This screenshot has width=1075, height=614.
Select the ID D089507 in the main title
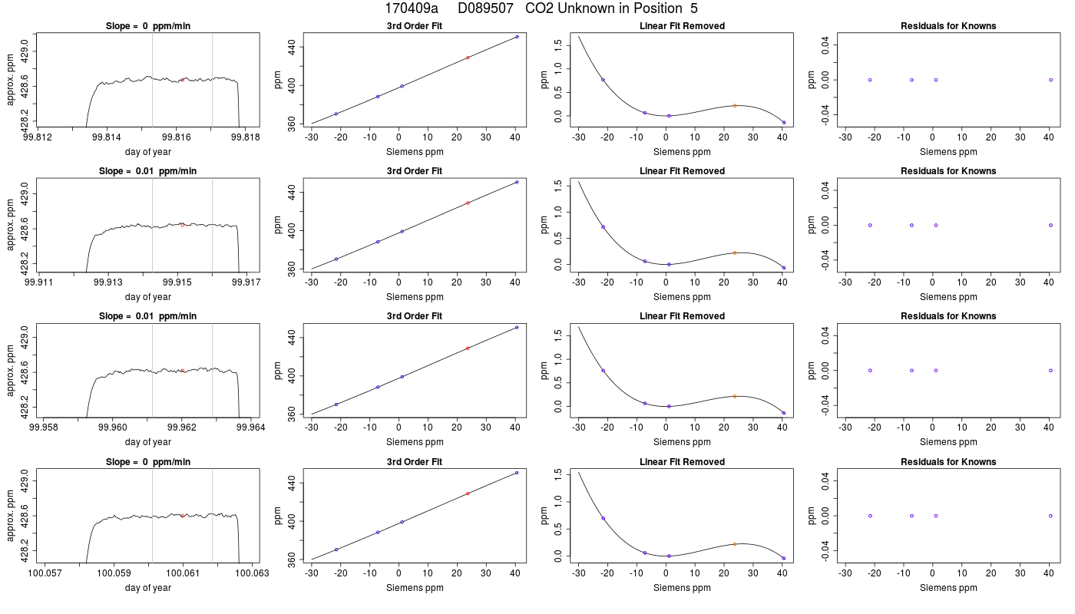click(x=485, y=8)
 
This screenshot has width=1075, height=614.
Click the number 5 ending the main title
click(x=694, y=8)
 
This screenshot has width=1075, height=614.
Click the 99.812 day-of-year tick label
click(x=38, y=137)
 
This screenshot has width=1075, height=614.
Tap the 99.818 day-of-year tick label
click(x=245, y=137)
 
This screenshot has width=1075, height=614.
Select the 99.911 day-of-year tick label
click(x=39, y=282)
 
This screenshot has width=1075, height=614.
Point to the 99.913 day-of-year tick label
click(x=108, y=282)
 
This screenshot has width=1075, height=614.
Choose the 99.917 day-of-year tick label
click(x=246, y=282)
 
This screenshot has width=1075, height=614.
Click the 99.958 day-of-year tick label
click(x=44, y=427)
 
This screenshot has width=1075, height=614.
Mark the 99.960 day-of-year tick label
click(x=113, y=427)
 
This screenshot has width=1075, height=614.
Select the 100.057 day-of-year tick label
click(x=45, y=573)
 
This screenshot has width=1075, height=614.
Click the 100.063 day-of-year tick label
click(x=252, y=573)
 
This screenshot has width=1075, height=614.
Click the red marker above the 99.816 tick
click(x=183, y=80)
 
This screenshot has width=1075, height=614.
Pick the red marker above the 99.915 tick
click(x=183, y=225)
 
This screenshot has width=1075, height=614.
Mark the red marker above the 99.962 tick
click(x=183, y=370)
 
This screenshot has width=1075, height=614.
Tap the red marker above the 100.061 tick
click(x=183, y=516)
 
